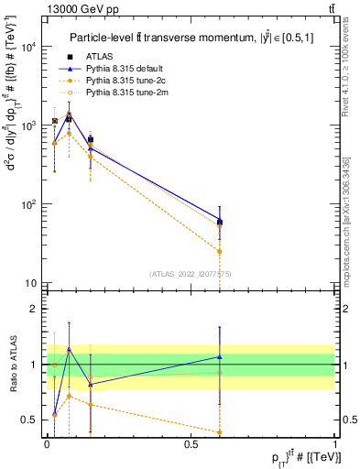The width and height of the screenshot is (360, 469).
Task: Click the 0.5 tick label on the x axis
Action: [191, 442]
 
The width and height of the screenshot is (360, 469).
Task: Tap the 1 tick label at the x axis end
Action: [335, 442]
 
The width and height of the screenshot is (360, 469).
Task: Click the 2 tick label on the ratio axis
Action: [34, 309]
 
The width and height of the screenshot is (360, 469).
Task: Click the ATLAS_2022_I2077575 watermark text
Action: [191, 273]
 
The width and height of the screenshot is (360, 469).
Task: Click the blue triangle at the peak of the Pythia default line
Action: [69, 115]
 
